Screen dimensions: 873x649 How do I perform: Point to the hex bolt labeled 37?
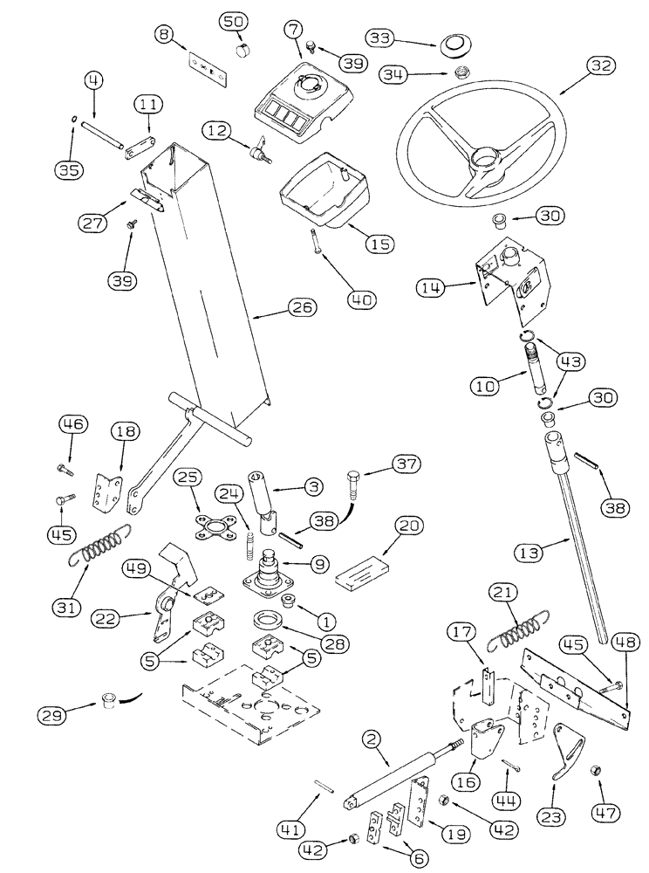tap(357, 481)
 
